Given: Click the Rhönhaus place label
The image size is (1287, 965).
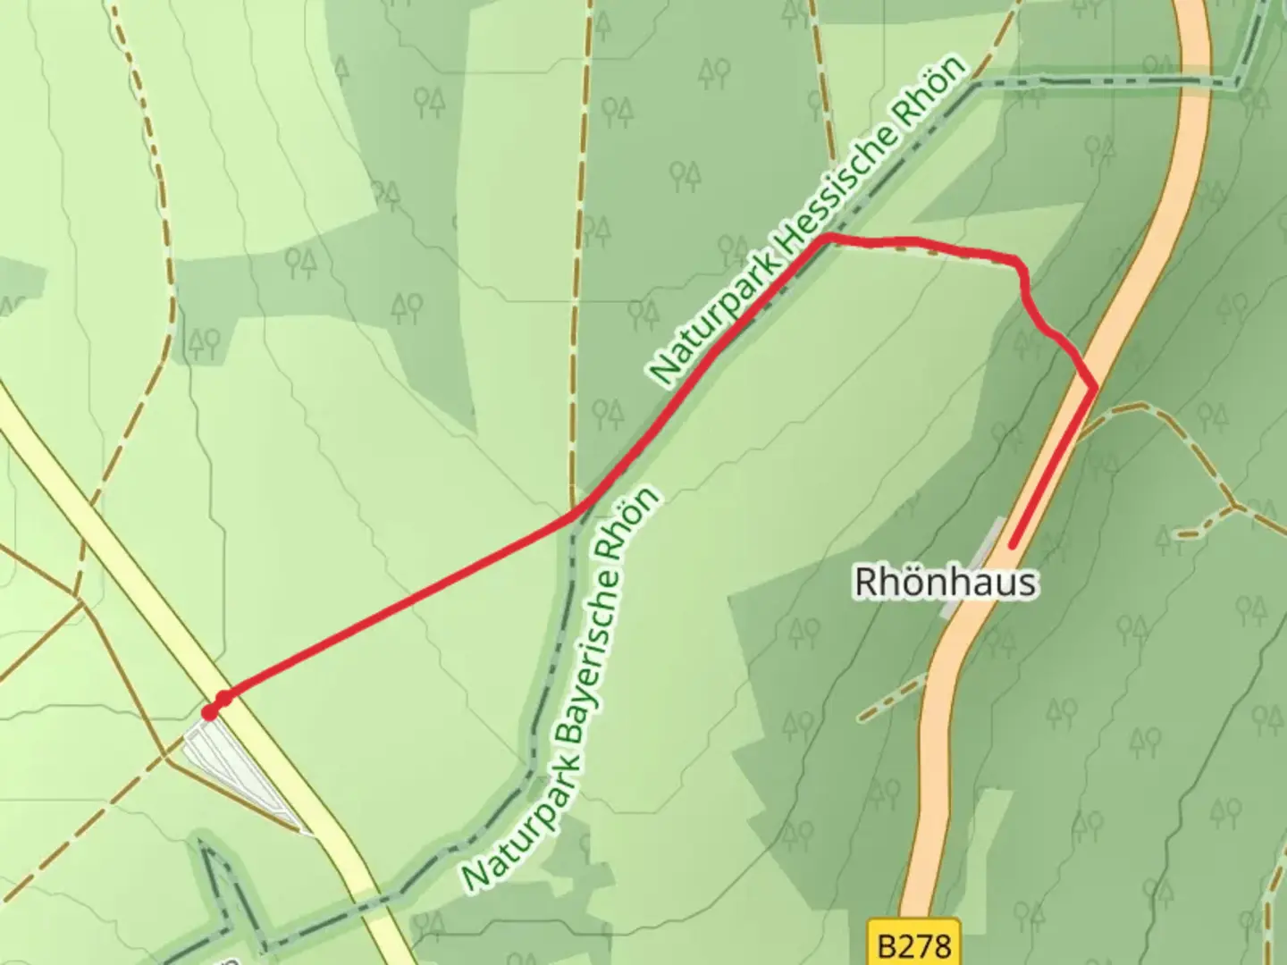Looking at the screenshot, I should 946,583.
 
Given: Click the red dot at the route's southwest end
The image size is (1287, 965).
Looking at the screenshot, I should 210,712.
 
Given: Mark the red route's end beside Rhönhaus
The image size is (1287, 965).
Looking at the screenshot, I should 1013,544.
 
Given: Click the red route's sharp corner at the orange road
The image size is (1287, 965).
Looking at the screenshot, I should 1095,387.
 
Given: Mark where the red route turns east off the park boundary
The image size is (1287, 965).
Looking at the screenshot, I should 828,237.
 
